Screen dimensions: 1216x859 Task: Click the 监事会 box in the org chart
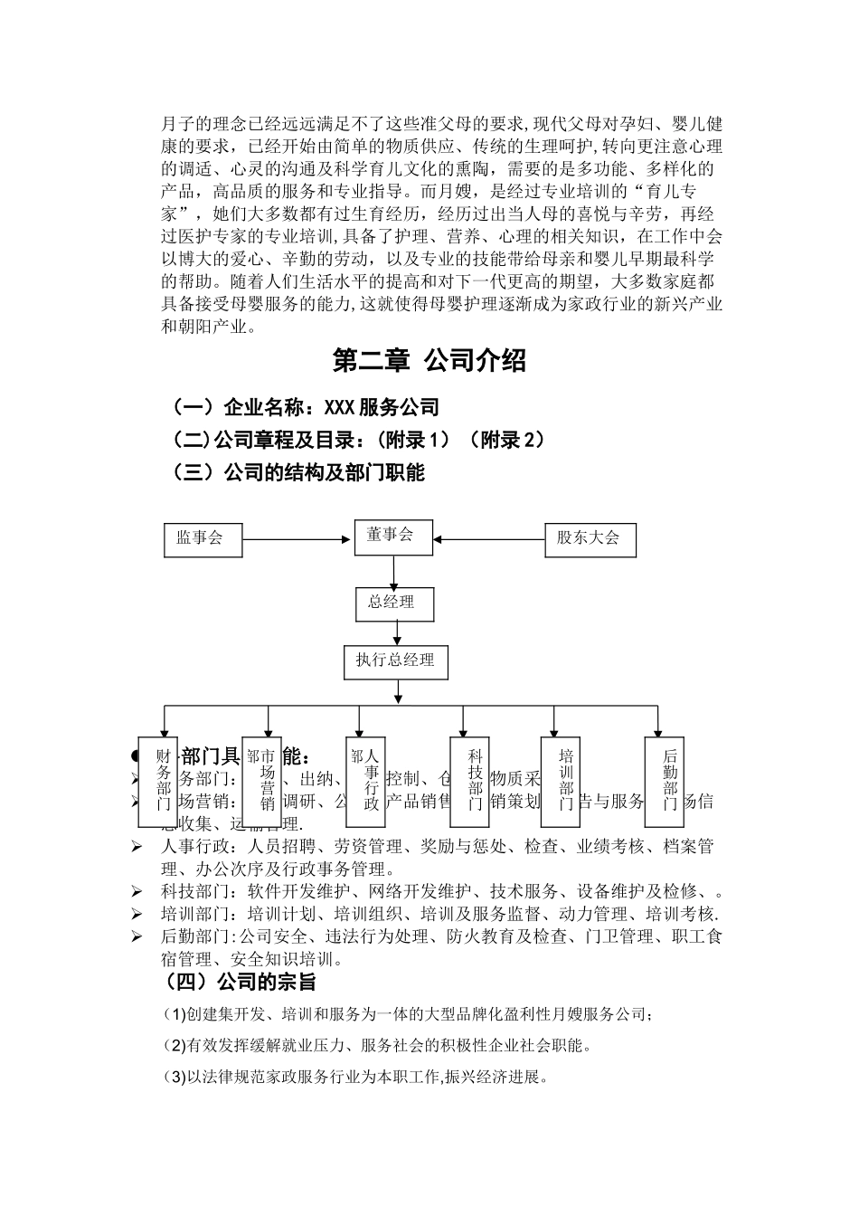[203, 538]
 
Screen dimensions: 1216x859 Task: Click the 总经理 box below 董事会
[392, 603]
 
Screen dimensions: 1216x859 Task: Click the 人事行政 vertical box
[366, 780]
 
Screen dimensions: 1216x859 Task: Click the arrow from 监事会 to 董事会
[297, 540]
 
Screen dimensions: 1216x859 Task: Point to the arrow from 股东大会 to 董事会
[489, 540]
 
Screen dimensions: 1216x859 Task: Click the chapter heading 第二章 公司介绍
[429, 361]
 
